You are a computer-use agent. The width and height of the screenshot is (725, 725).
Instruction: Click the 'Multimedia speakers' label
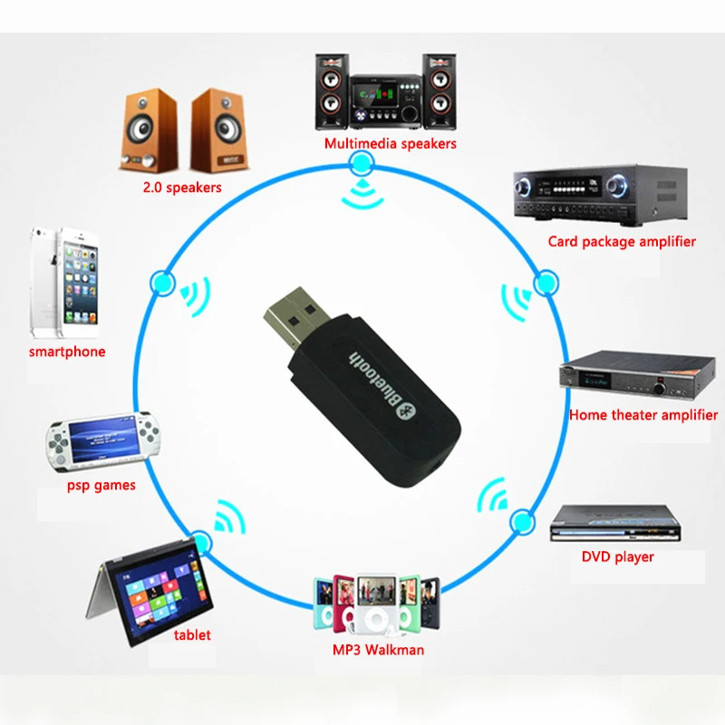391,143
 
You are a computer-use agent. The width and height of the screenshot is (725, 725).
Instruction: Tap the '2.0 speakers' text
181,188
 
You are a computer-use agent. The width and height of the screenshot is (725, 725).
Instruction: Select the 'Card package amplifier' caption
622,241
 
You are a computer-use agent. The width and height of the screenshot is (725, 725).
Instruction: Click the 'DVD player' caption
617,556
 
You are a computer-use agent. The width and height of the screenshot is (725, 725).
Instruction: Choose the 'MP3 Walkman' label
377,649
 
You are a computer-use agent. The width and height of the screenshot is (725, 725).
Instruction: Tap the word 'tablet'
192,634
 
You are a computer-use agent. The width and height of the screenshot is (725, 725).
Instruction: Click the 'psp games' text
101,485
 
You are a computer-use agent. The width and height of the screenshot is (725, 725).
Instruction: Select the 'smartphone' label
67,352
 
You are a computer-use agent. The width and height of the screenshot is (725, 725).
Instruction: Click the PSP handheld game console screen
102,440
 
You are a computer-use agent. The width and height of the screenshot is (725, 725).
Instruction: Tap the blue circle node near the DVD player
521,522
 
